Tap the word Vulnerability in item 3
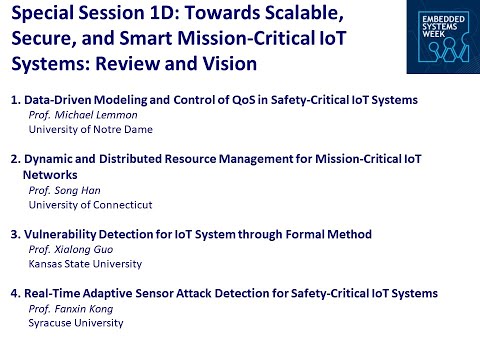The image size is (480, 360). pyautogui.click(x=59, y=234)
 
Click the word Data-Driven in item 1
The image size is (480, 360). pyautogui.click(x=55, y=101)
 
